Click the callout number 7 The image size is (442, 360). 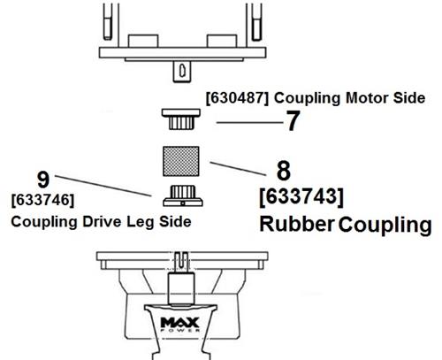(293, 121)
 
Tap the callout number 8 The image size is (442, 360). (284, 171)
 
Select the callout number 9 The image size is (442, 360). (43, 180)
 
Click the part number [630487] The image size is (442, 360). (237, 98)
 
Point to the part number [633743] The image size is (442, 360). (301, 196)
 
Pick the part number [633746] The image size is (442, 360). (42, 200)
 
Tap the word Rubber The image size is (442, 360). (297, 224)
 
